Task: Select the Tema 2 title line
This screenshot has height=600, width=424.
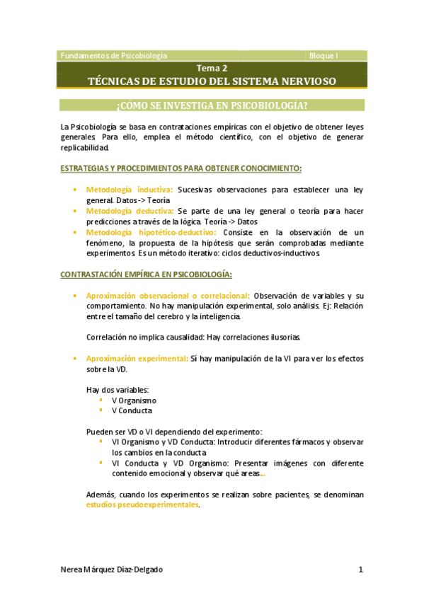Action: click(x=212, y=69)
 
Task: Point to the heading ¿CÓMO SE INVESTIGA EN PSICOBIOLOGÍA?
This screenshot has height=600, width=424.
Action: click(x=212, y=105)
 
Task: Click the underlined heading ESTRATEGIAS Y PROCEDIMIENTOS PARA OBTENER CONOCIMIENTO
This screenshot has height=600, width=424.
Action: click(x=181, y=168)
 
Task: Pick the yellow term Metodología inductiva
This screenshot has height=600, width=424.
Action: click(x=130, y=190)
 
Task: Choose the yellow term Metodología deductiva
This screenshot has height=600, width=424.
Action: click(x=130, y=211)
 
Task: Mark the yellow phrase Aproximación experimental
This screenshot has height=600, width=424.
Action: click(x=137, y=359)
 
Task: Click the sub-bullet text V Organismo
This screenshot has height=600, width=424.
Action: click(x=134, y=400)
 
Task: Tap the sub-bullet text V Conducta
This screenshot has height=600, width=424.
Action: click(x=132, y=410)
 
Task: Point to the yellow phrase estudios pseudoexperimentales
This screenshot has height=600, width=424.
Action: click(x=142, y=506)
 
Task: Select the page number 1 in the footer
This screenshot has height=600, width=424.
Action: click(x=360, y=570)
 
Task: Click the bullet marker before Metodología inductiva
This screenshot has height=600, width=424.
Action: click(x=75, y=190)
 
